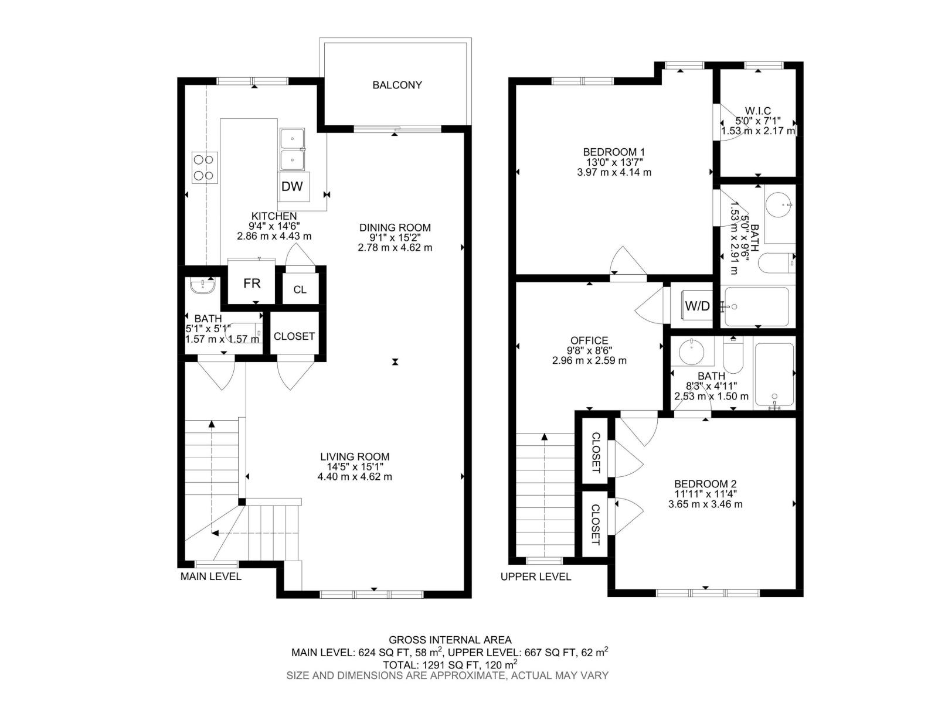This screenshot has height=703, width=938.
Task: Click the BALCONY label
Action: pos(397,85)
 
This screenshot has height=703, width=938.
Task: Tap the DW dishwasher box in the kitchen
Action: pos(292,186)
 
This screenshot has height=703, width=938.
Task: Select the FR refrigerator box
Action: pos(252,284)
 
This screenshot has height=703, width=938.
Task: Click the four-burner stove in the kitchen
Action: pos(205,167)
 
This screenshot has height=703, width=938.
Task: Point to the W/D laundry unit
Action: pos(697,306)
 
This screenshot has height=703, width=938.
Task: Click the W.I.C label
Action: pos(757,111)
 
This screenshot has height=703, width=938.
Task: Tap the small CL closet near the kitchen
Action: pos(300,290)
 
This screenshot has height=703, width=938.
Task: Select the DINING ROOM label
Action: pos(395,227)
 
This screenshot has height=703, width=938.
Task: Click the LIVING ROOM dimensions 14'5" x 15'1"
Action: pos(355,467)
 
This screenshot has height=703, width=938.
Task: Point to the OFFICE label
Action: pos(589,340)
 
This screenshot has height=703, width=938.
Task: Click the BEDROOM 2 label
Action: pos(705,484)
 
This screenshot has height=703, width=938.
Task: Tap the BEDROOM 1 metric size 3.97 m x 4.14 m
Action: pos(614,172)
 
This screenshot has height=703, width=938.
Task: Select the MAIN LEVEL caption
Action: pos(210,576)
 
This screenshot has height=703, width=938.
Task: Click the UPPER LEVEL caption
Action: pos(535,577)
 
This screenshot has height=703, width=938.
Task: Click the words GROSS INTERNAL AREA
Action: pos(450,640)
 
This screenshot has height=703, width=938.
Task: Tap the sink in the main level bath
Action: pos(202,286)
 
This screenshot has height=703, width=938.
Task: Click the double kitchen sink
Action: pos(293,149)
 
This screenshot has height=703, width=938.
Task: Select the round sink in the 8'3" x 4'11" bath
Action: pos(692,352)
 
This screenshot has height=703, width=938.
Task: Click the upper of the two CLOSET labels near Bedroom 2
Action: pos(595,453)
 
